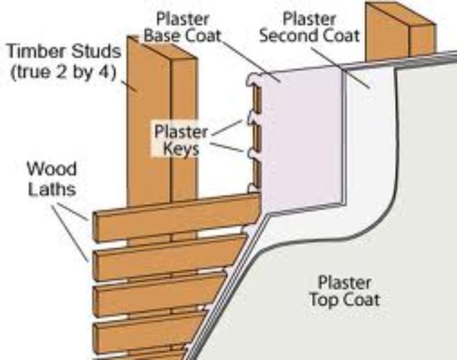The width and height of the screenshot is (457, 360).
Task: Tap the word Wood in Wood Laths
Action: pyautogui.click(x=51, y=169)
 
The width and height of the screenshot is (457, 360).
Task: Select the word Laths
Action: pyautogui.click(x=51, y=189)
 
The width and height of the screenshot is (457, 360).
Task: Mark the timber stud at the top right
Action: pyautogui.click(x=398, y=29)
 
